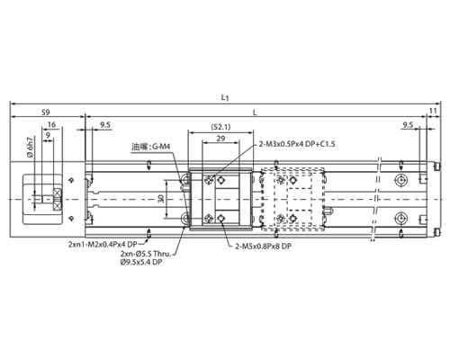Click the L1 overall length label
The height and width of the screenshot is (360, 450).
(x=225, y=97)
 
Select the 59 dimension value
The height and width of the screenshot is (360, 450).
(x=46, y=112)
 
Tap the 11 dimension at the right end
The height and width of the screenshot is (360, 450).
(x=433, y=111)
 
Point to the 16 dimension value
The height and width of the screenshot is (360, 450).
(x=51, y=124)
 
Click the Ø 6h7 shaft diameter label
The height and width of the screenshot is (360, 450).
(x=30, y=148)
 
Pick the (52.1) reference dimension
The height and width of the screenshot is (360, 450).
(x=220, y=127)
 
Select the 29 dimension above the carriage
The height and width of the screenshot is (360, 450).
(x=220, y=139)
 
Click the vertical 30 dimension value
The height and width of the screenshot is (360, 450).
(x=161, y=199)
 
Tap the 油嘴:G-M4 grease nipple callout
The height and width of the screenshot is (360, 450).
(x=151, y=147)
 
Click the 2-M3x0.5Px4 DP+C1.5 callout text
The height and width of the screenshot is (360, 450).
(x=297, y=144)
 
